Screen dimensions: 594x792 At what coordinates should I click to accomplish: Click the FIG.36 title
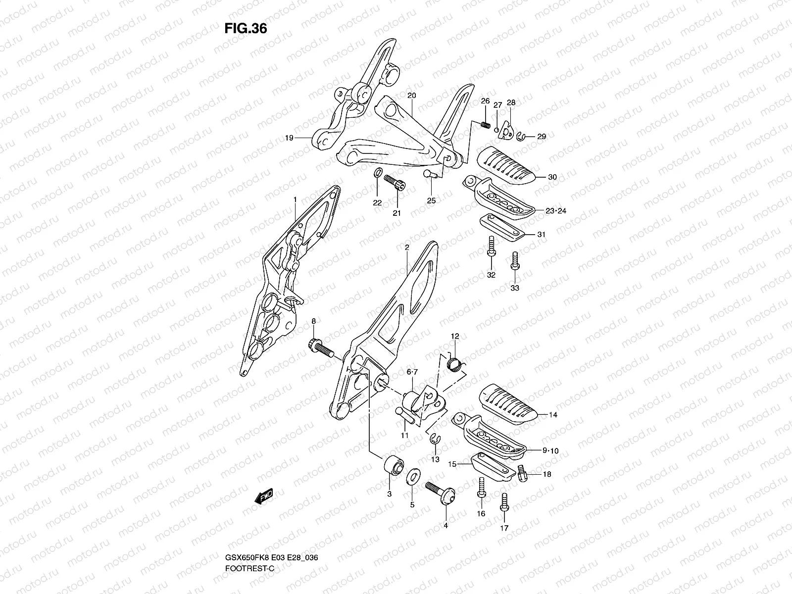click(246, 29)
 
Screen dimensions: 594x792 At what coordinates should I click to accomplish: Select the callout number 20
click(411, 96)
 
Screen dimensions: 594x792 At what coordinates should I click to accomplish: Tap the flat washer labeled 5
click(412, 479)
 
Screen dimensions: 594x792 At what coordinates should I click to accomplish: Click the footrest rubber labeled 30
click(505, 166)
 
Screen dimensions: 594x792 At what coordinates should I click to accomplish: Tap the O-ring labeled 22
click(377, 174)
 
